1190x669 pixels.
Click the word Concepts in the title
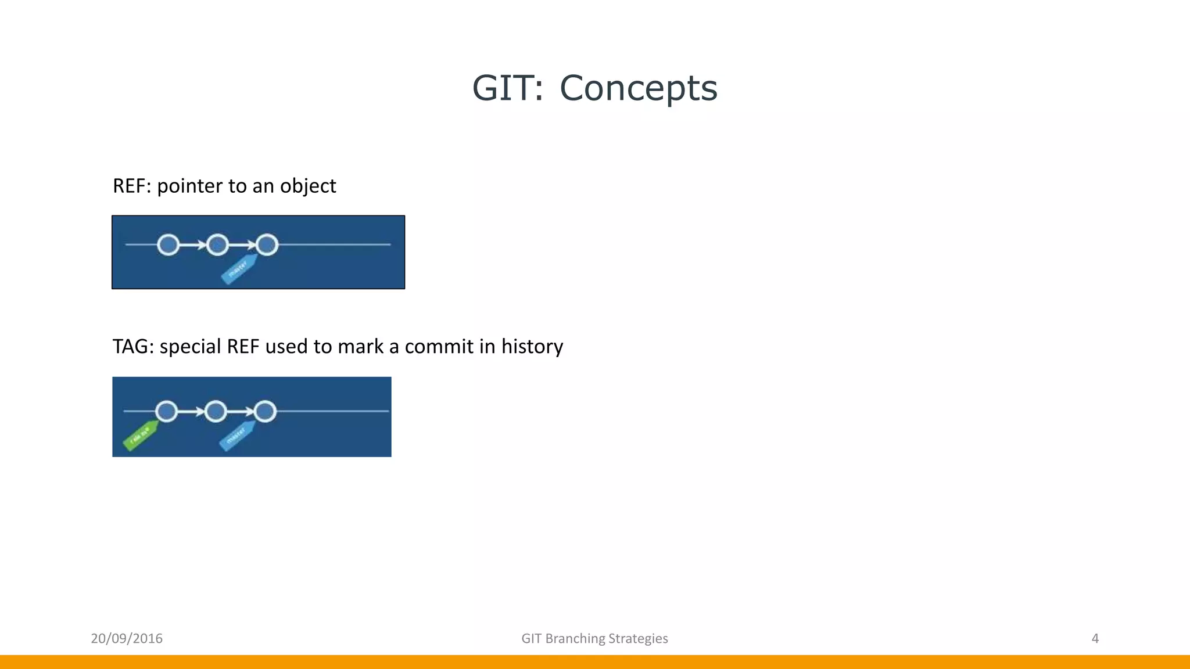click(x=638, y=88)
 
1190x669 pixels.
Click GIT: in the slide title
click(x=508, y=88)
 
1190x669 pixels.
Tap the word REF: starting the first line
click(x=132, y=186)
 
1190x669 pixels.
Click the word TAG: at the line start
click(x=133, y=347)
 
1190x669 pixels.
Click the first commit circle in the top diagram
click(x=169, y=245)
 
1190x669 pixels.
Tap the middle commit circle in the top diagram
click(x=217, y=245)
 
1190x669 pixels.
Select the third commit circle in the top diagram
click(x=267, y=245)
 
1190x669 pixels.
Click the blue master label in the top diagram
click(x=239, y=269)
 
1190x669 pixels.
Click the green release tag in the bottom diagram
click(x=141, y=436)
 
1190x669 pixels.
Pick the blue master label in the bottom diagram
click(x=236, y=436)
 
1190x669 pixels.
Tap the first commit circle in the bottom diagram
click(x=167, y=412)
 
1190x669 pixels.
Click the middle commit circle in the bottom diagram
click(x=216, y=412)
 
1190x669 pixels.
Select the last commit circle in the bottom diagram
click(x=265, y=412)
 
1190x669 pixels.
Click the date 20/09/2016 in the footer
click(x=127, y=639)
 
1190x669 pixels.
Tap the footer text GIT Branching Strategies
click(x=594, y=639)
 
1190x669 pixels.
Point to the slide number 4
click(x=1095, y=639)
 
